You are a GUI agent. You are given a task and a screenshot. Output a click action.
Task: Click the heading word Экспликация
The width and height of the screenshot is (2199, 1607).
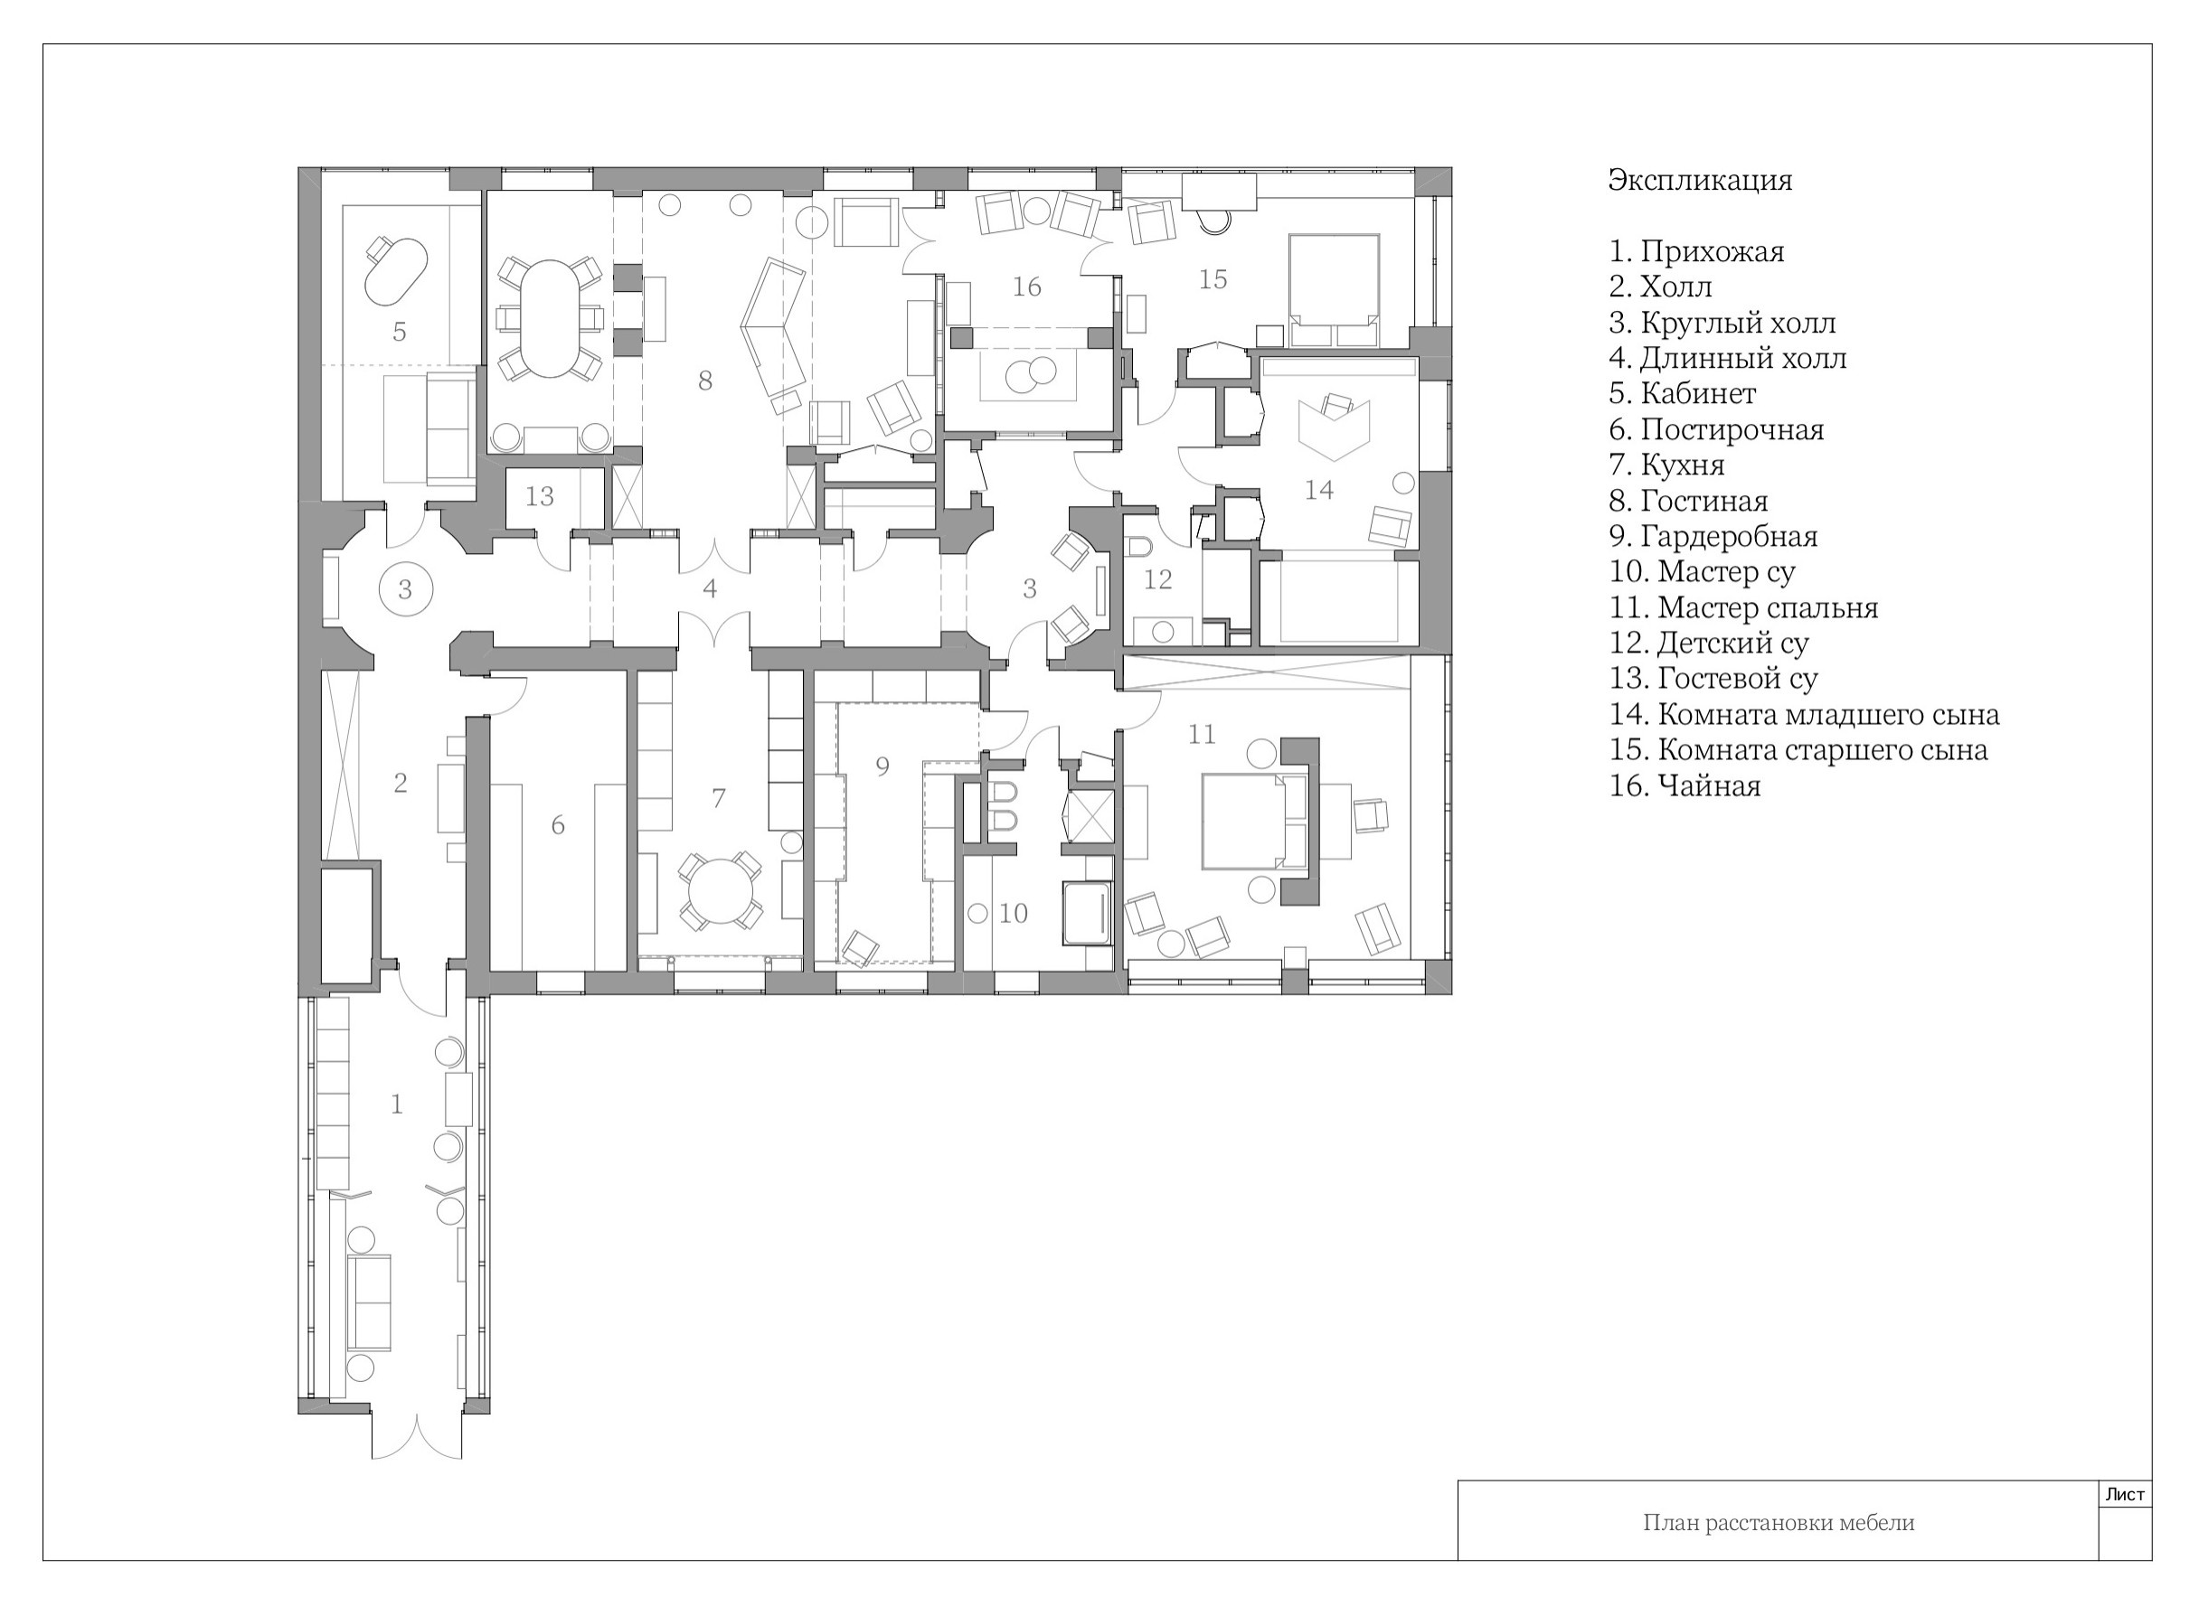[x=1699, y=181]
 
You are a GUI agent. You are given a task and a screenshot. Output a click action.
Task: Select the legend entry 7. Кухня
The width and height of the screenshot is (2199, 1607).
[x=1666, y=465]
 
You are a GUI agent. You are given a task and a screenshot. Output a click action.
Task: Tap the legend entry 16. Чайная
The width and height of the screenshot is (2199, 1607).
[x=1685, y=785]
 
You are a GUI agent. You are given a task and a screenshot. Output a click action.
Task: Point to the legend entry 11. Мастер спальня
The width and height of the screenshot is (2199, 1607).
[x=1742, y=608]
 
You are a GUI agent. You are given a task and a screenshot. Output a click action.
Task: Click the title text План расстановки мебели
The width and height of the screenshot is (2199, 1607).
[x=1779, y=1522]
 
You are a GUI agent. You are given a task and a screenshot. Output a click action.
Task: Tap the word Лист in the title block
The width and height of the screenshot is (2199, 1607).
[x=2125, y=1494]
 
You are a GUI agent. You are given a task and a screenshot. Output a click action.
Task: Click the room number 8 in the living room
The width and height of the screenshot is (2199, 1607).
[x=705, y=381]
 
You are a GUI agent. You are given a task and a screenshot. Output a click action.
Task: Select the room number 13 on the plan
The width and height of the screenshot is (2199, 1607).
[x=539, y=496]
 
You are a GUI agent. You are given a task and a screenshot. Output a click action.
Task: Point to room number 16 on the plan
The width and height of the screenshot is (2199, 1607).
[x=1026, y=287]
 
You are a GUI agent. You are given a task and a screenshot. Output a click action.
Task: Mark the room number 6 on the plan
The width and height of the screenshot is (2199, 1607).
[x=558, y=825]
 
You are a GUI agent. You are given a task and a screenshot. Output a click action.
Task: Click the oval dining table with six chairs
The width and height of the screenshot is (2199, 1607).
[x=550, y=318]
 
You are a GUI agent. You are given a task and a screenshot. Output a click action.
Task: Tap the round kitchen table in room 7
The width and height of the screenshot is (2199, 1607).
[x=720, y=892]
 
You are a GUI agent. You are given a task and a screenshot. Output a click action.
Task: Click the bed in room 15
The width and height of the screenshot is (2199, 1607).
[x=1333, y=290]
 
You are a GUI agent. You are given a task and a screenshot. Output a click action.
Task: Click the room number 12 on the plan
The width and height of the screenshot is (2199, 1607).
[x=1158, y=579]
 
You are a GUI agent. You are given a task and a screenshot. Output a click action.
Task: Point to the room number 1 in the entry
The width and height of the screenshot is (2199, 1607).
[x=396, y=1104]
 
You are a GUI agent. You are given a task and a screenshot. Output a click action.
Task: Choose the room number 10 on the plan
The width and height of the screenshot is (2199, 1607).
[x=1013, y=914]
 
